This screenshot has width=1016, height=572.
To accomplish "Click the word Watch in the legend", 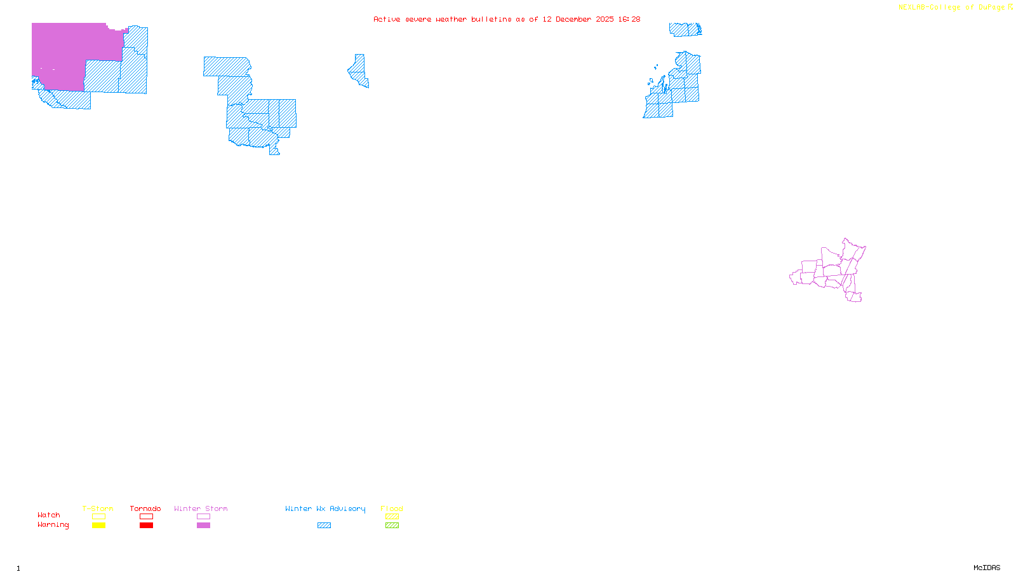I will (x=49, y=515).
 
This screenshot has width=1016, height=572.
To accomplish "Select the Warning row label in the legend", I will (x=53, y=525).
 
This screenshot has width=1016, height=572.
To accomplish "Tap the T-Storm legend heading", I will (x=98, y=508).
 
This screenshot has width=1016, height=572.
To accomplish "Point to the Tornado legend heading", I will (x=145, y=508).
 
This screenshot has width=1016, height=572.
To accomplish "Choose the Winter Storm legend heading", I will (x=201, y=508).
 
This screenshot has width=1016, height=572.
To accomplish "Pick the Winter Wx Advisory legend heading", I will (x=325, y=508).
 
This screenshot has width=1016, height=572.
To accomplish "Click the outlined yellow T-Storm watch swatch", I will (x=98, y=517).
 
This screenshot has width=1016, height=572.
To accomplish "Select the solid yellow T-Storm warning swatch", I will (x=98, y=526).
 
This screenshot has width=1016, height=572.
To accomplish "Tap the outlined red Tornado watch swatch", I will (x=146, y=517).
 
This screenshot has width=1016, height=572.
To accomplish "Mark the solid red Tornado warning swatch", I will (x=146, y=526).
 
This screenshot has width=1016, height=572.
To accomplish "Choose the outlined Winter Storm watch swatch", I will (x=203, y=517).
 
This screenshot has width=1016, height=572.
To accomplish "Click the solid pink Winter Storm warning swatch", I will (x=203, y=526).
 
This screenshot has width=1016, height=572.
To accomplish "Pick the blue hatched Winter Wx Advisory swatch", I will (x=324, y=526).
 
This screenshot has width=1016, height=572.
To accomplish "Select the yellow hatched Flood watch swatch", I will (x=392, y=517).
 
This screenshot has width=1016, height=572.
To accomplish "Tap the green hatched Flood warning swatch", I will (x=392, y=526).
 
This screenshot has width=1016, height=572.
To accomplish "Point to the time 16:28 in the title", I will (x=629, y=20).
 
